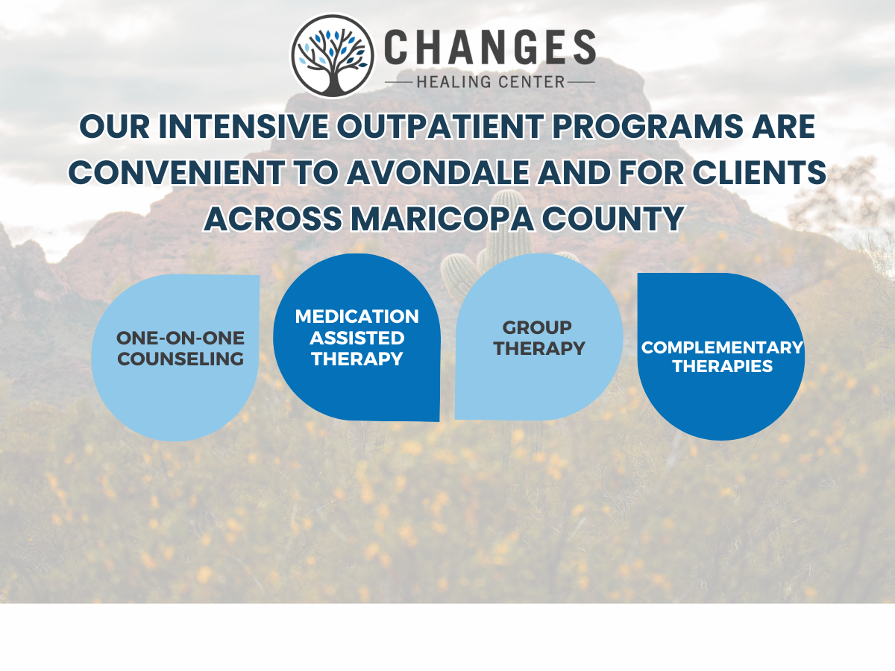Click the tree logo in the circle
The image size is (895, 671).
[x=333, y=56]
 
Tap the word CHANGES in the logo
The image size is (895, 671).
[x=490, y=47]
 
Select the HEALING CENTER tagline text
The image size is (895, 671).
[x=491, y=82]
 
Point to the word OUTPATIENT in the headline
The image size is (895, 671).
[x=440, y=126]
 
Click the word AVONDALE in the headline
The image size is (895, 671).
[x=439, y=172]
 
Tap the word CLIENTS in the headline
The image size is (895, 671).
[x=759, y=172]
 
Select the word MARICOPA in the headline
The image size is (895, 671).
[x=442, y=218]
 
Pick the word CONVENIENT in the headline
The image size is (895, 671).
[x=176, y=172]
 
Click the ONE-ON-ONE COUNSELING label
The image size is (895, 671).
[x=180, y=348]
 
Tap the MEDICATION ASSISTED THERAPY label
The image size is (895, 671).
[x=357, y=338]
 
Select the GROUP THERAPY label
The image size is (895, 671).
[x=539, y=338]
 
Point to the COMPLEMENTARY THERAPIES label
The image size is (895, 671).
[x=722, y=356]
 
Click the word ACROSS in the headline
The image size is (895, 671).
[x=273, y=218]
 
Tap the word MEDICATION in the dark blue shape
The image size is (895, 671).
[x=357, y=317]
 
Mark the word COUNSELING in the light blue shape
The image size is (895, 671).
[x=180, y=359]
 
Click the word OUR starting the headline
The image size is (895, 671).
[x=115, y=126]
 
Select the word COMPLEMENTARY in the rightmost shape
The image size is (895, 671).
[x=722, y=347]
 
